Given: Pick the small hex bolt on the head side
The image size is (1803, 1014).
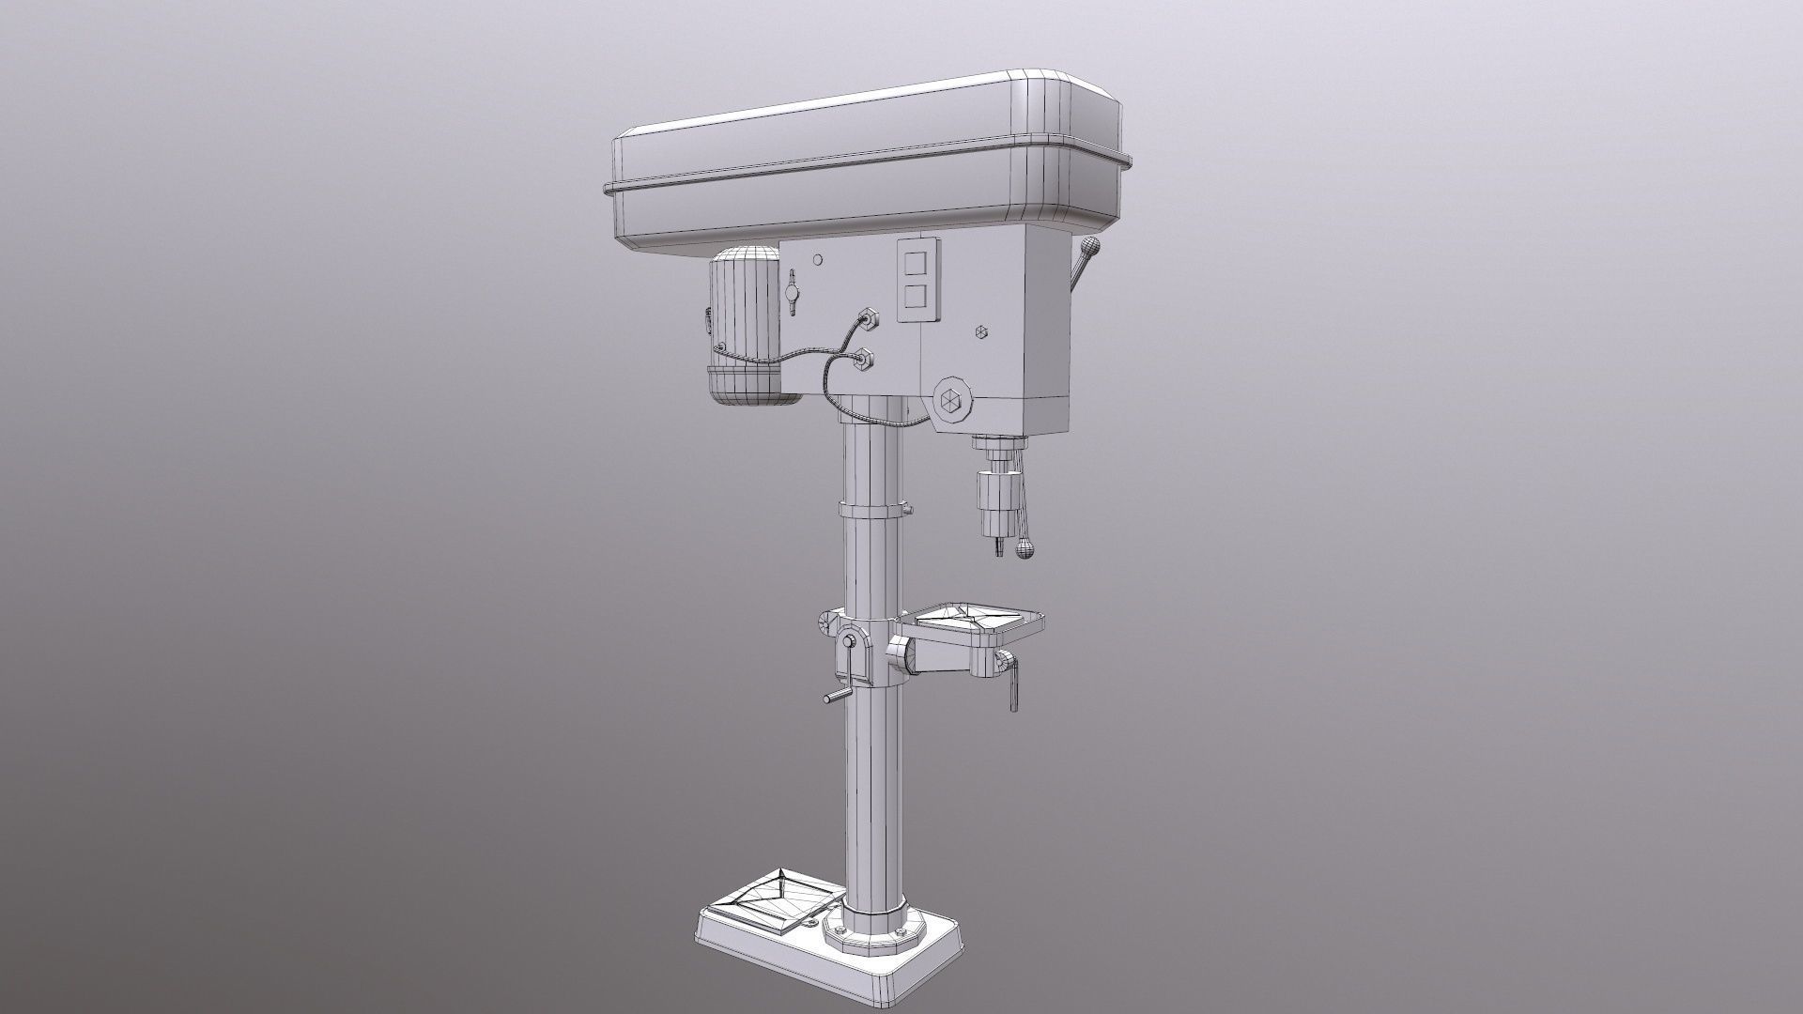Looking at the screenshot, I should pyautogui.click(x=982, y=332).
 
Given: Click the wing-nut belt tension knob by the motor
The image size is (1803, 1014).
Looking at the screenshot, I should pyautogui.click(x=794, y=293).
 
